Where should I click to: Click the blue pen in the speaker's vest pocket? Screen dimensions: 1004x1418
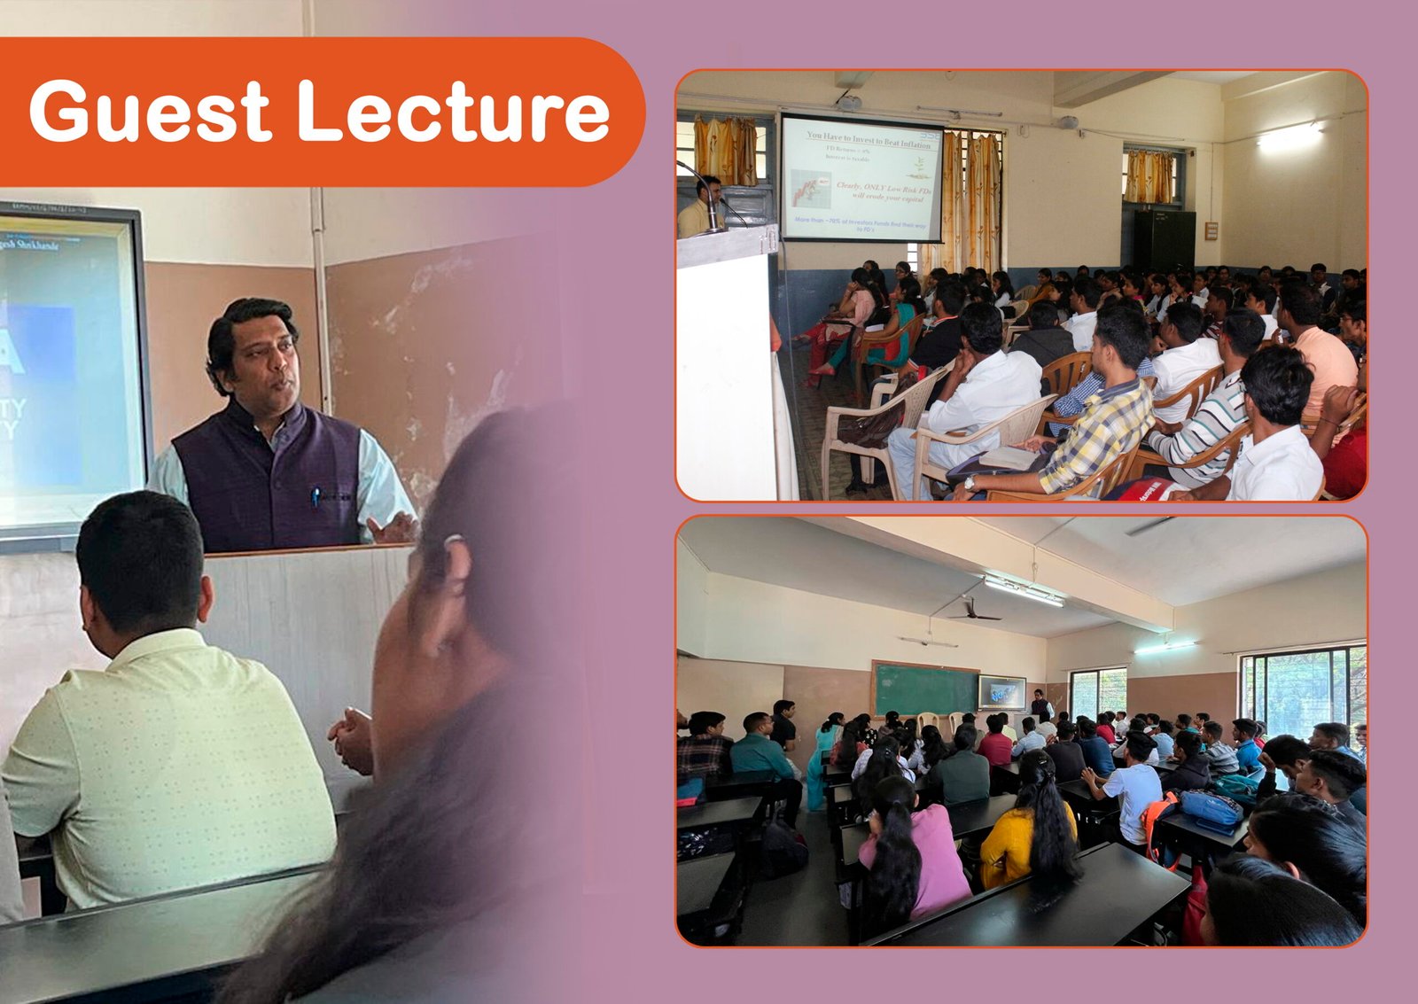(x=315, y=496)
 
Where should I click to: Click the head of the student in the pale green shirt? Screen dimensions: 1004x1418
(x=142, y=563)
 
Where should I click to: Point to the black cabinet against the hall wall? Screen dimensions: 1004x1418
(x=1164, y=241)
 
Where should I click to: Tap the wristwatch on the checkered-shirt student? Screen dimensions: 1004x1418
(x=970, y=483)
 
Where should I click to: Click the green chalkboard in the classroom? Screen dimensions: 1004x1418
(x=924, y=689)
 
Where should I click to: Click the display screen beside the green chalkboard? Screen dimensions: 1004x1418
(x=1001, y=691)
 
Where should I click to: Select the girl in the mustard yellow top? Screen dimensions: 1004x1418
(x=1028, y=829)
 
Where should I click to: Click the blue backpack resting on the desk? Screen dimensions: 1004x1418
(x=1210, y=809)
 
